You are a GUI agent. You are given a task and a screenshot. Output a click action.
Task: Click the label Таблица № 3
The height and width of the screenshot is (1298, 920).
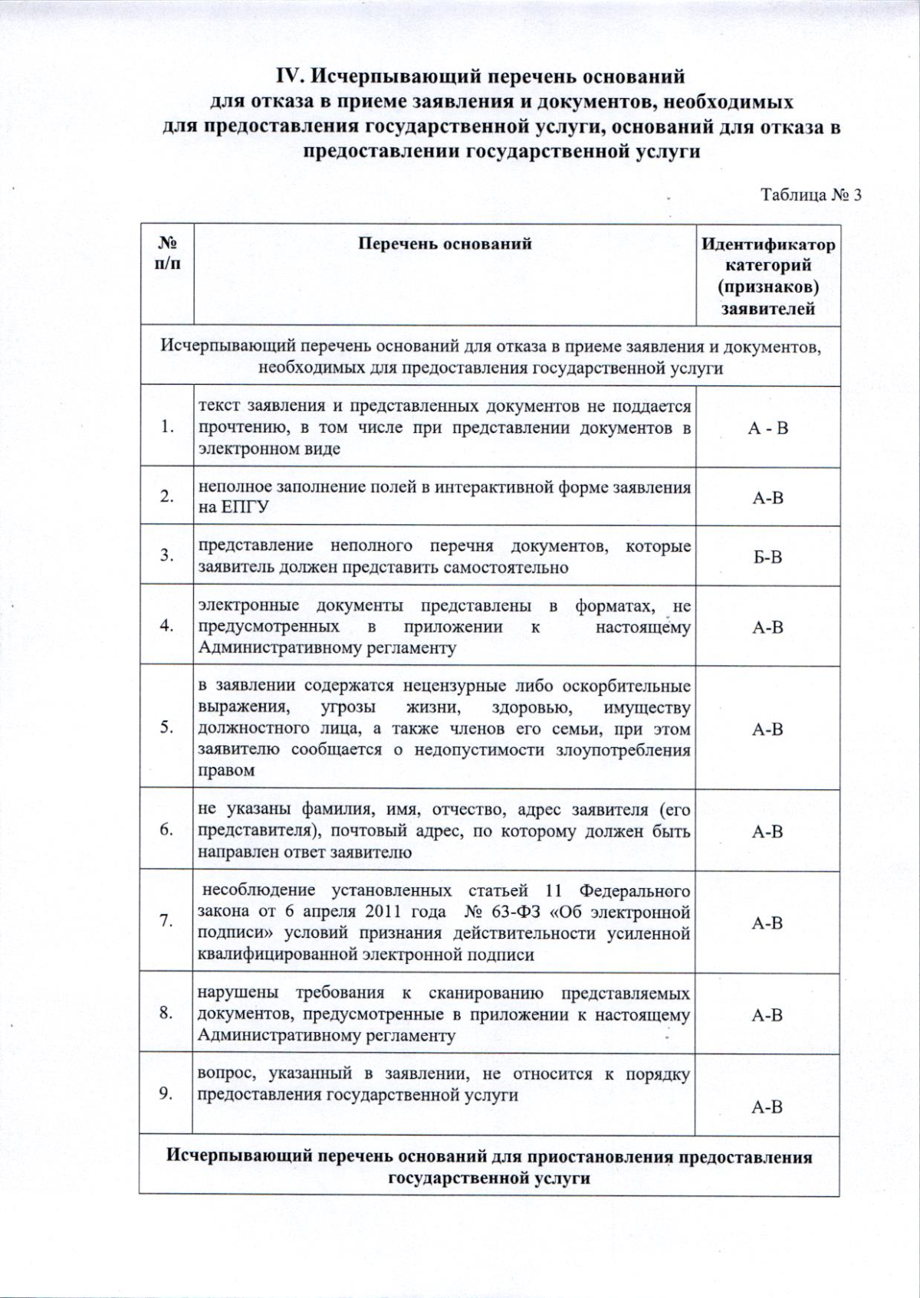[x=810, y=195]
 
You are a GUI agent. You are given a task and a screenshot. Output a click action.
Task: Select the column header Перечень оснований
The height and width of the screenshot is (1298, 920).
[x=445, y=244]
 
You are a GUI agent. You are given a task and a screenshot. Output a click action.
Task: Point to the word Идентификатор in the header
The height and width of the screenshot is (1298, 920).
[x=768, y=245]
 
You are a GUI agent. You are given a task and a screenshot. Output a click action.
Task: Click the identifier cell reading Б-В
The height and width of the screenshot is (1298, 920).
[x=767, y=556]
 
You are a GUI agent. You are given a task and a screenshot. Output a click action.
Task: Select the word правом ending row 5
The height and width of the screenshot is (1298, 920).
[x=226, y=771]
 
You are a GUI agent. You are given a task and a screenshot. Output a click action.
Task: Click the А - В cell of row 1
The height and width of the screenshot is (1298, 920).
[x=767, y=428]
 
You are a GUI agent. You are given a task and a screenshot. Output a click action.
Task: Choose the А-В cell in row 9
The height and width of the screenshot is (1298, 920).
[x=767, y=1107]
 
